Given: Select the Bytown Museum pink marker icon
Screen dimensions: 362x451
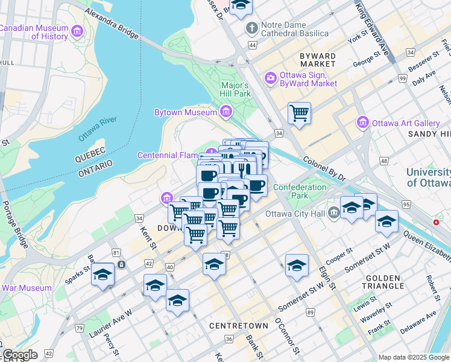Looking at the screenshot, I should [226, 112].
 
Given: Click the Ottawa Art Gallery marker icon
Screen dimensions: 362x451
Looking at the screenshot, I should [363, 122].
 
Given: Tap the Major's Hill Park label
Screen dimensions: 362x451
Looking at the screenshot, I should [236, 89].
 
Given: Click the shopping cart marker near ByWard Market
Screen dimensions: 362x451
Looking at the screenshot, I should [299, 113].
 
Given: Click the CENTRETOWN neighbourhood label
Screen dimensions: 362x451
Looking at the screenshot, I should [238, 325].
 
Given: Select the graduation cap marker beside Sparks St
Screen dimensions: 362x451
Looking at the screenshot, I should [103, 275].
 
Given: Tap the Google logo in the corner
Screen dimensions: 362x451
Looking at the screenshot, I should [20, 355].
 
